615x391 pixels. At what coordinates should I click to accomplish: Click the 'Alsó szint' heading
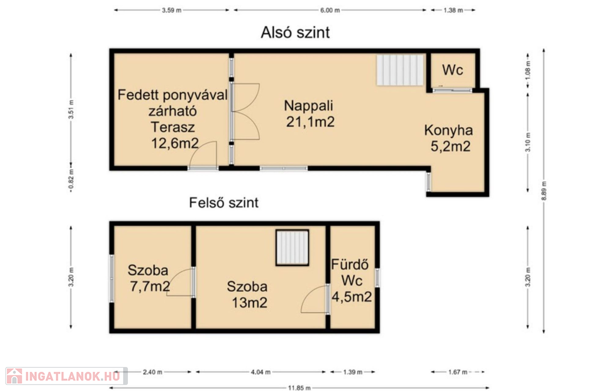(295, 32)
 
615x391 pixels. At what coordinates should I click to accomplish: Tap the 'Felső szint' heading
(223, 202)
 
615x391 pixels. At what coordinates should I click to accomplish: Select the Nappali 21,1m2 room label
(309, 114)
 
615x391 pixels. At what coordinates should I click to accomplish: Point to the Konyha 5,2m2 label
(449, 138)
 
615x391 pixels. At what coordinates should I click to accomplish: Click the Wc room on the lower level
(453, 70)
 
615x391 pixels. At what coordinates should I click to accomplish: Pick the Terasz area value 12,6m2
(175, 143)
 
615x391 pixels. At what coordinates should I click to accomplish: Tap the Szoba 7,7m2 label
(149, 279)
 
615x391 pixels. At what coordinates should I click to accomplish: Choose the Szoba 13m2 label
(247, 294)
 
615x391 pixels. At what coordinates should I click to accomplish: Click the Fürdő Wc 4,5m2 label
(351, 280)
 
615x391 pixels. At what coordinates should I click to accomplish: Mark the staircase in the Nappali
(400, 70)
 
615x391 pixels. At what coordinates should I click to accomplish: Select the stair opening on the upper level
(292, 248)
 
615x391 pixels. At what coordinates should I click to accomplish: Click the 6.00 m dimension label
(330, 10)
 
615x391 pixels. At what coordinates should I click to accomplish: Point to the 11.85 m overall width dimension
(299, 388)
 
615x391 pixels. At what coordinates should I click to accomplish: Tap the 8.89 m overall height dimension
(544, 191)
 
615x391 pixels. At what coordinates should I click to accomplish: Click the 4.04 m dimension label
(261, 372)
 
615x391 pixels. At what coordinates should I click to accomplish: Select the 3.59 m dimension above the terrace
(171, 10)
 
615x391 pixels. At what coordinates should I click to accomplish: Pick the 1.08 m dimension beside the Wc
(528, 69)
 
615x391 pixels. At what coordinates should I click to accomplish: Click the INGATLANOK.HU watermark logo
(66, 376)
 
